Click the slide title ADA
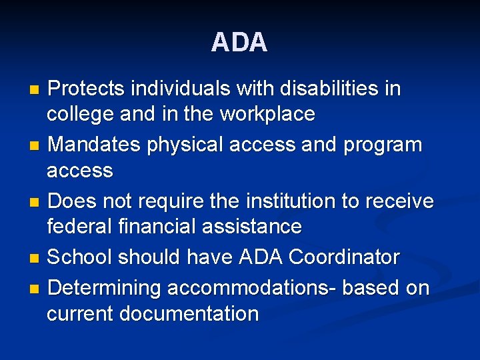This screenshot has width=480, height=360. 239,43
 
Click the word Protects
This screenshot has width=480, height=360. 86,89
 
